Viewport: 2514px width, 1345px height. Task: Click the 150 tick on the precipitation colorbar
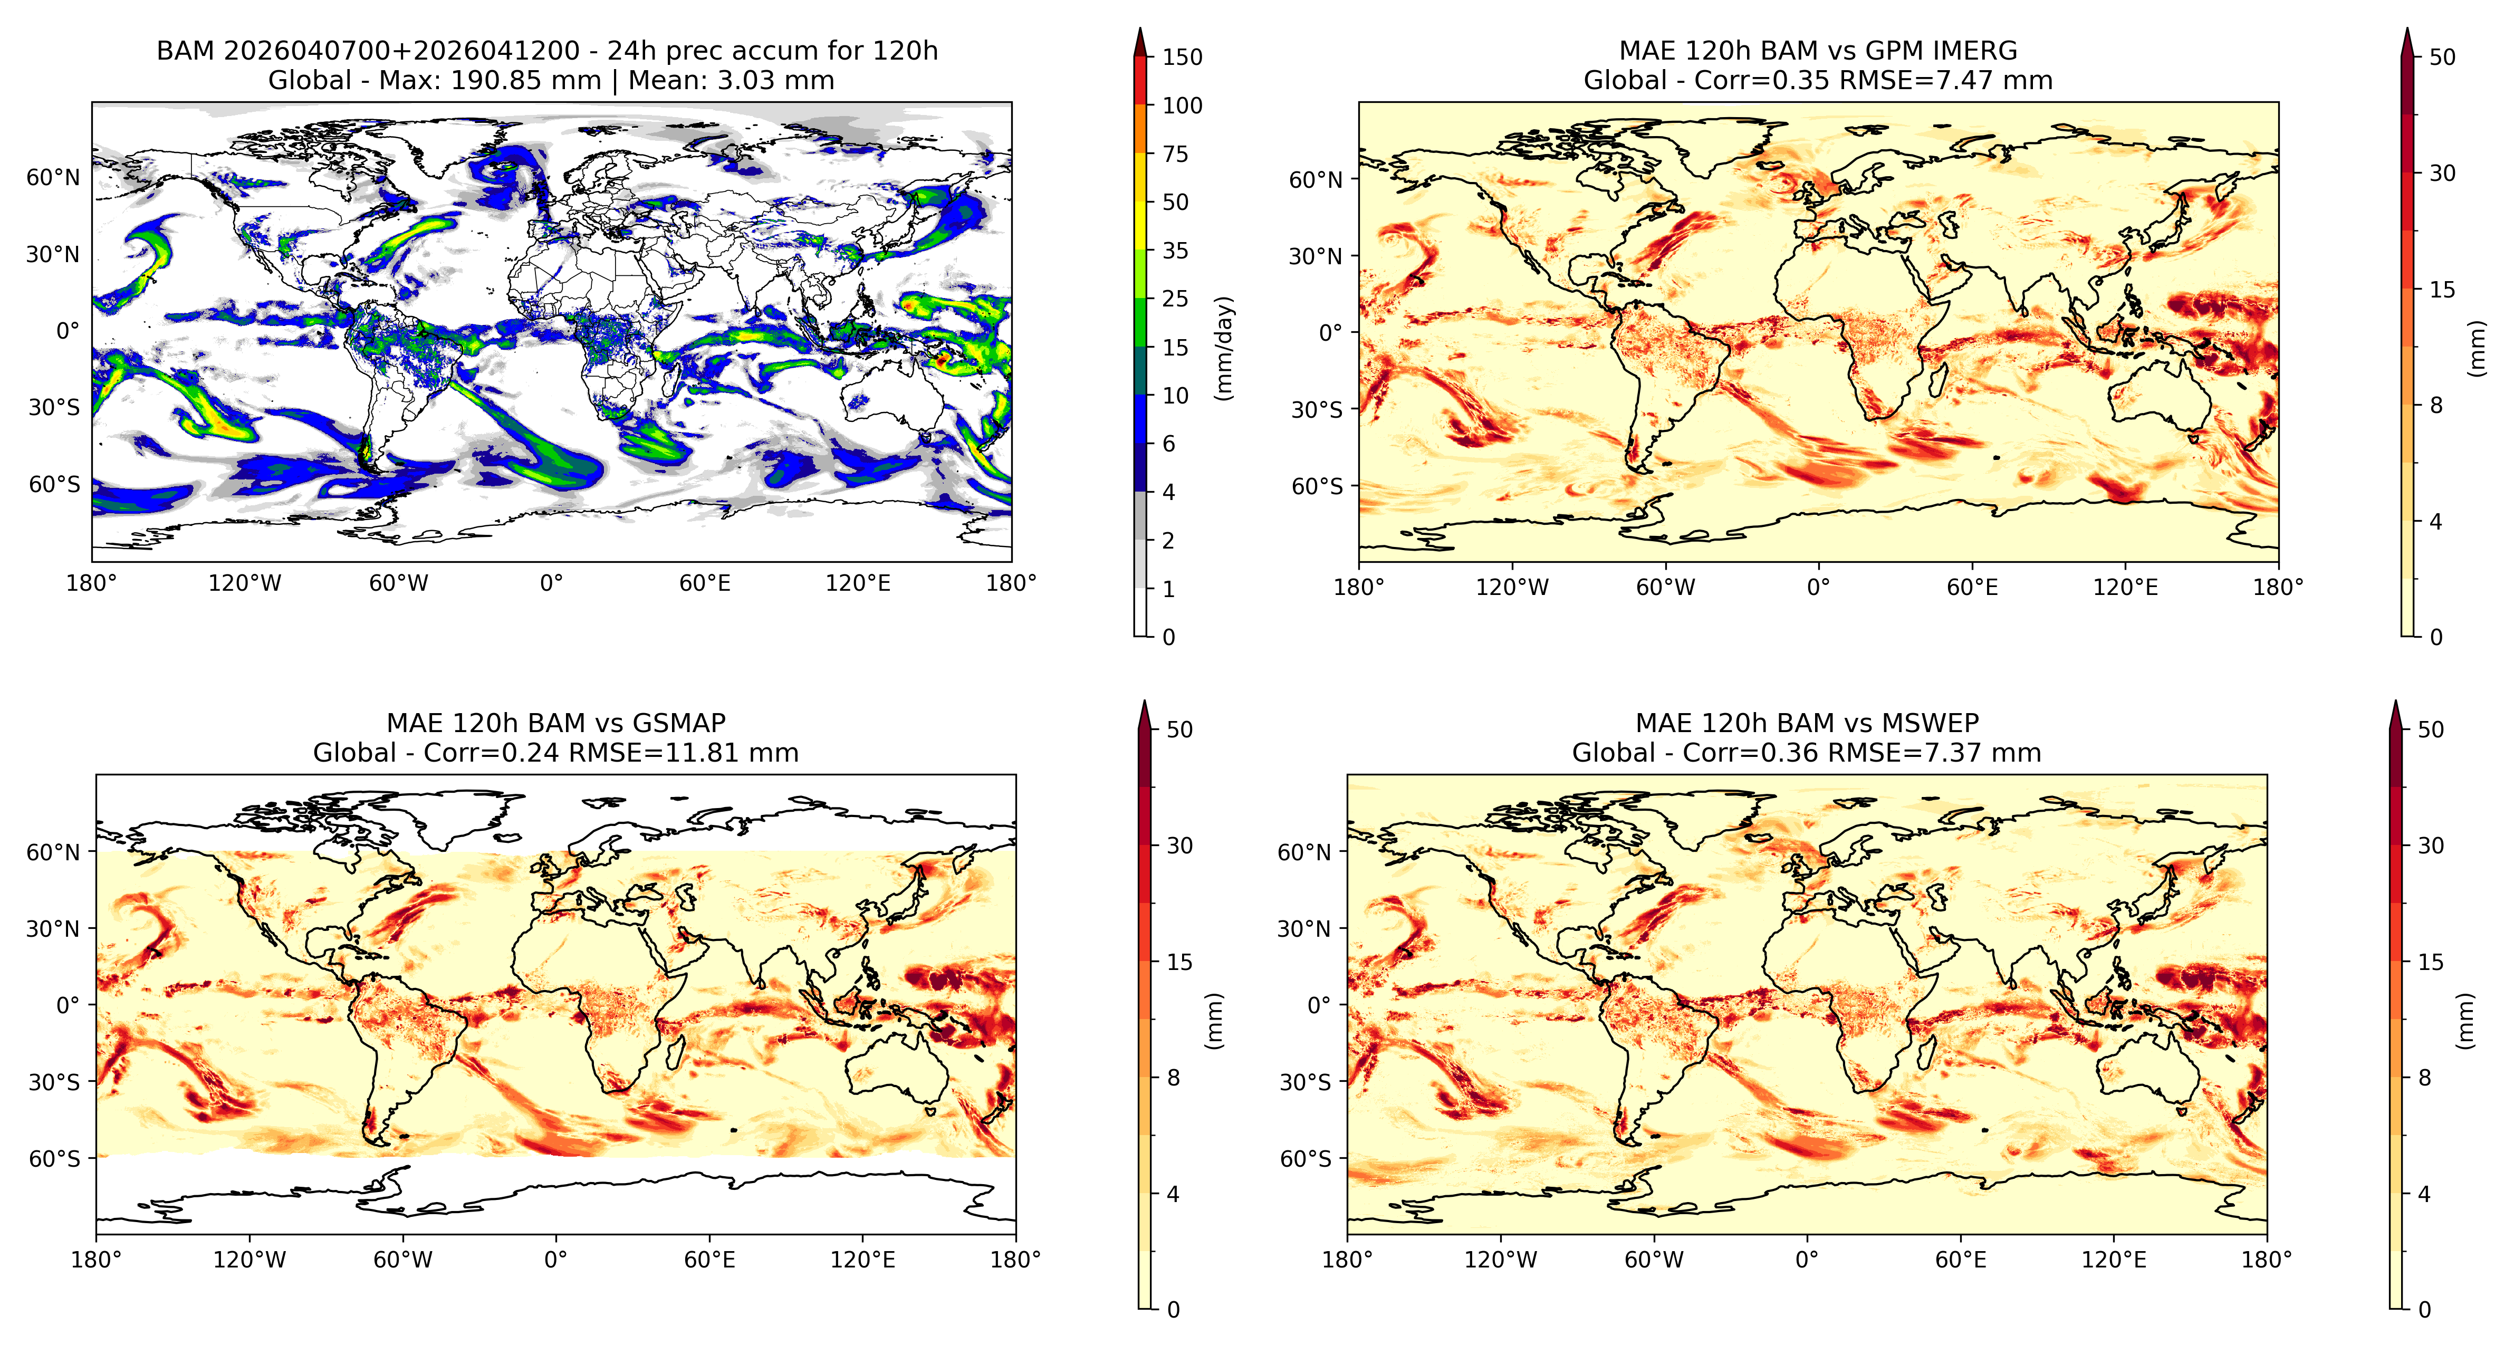pyautogui.click(x=1182, y=56)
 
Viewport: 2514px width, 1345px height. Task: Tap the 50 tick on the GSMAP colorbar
pyautogui.click(x=1179, y=729)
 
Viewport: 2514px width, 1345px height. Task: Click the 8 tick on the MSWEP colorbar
pyautogui.click(x=2424, y=1078)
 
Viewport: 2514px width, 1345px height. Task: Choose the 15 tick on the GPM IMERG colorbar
pyautogui.click(x=2442, y=289)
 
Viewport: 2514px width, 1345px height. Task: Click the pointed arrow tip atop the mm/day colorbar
pyautogui.click(x=1140, y=28)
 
